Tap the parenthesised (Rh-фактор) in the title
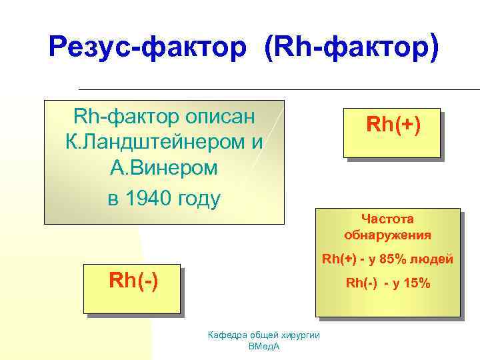[x=352, y=47]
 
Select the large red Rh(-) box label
[x=133, y=281]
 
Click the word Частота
[x=387, y=218]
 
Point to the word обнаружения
[x=387, y=235]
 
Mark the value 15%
[x=417, y=283]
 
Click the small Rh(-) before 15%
[x=361, y=283]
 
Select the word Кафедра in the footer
[x=227, y=335]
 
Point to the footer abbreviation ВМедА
[x=264, y=347]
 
